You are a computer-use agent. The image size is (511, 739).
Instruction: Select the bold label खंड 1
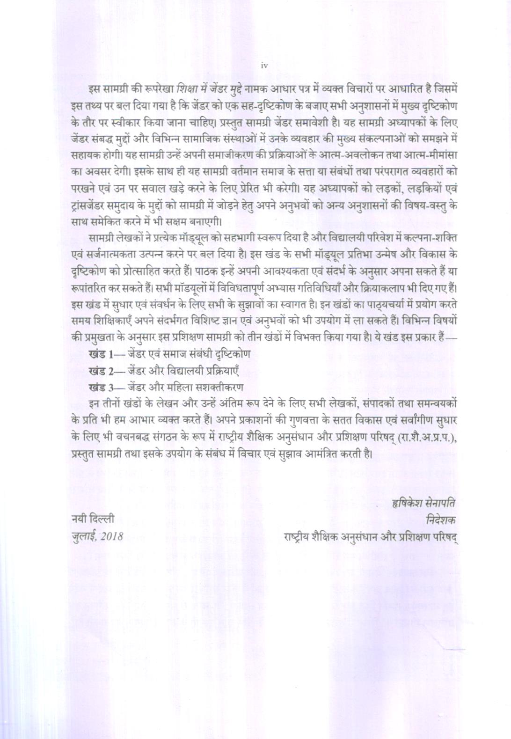(x=101, y=354)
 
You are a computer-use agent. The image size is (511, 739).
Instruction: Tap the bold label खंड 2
(x=101, y=371)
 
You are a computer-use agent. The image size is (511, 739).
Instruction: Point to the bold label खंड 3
(x=101, y=388)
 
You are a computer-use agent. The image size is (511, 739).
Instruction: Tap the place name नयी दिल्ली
(x=92, y=519)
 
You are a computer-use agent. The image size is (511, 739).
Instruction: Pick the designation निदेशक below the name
(x=443, y=519)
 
